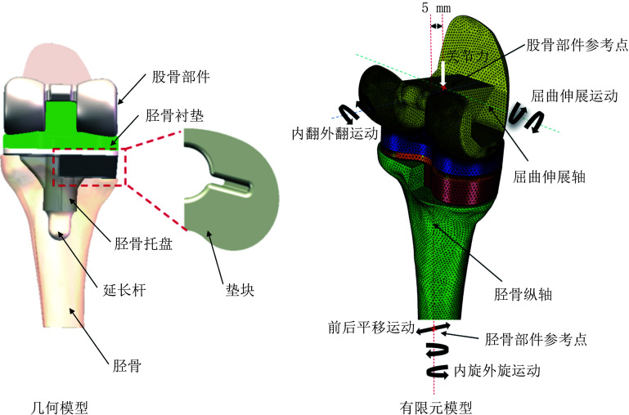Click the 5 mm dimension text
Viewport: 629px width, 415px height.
[x=435, y=8]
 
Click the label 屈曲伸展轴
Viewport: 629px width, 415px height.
[x=552, y=177]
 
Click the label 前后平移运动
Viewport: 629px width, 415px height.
[x=368, y=327]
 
